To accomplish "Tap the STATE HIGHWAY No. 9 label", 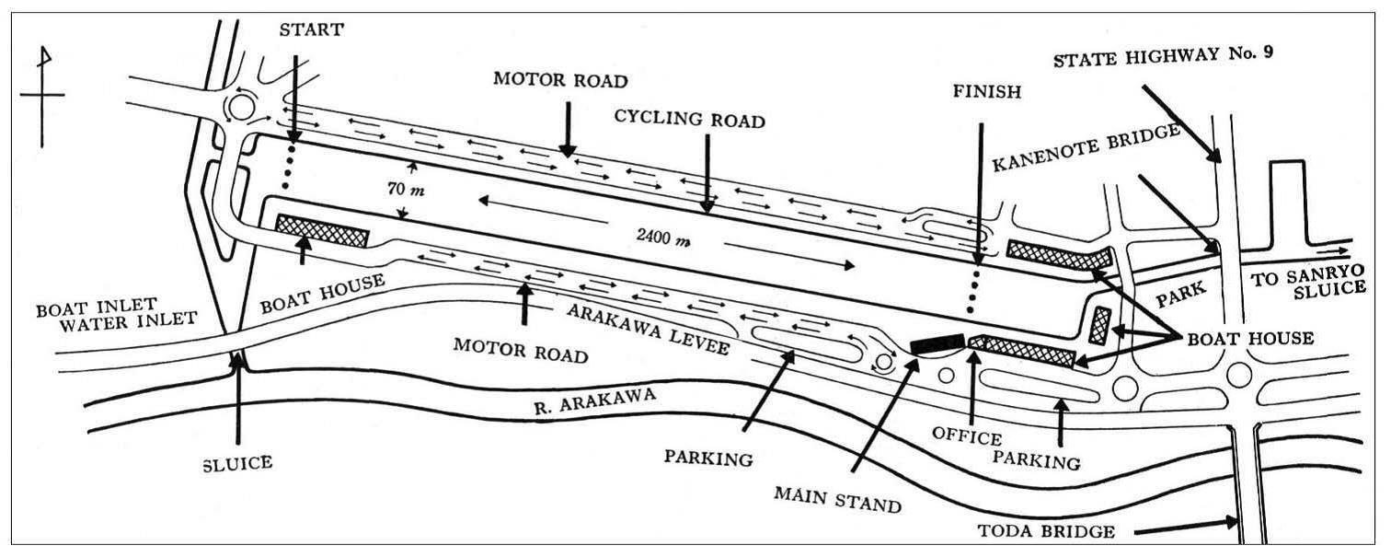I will click(x=1163, y=59).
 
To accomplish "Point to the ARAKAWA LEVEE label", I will click(x=649, y=329).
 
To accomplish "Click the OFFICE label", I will click(x=966, y=434).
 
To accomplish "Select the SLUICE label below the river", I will click(x=238, y=462).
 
